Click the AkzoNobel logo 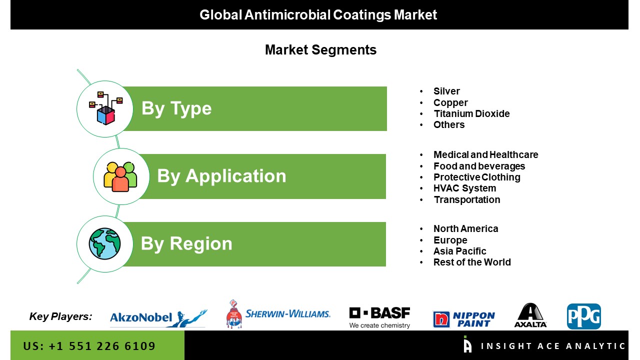coord(158,317)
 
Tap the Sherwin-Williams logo coord(278,314)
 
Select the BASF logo coord(379,317)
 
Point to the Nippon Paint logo coord(463,319)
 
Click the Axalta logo coord(530,315)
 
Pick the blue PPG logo coord(583,316)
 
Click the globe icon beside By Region coord(104,243)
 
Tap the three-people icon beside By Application coord(120,176)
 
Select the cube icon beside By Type coord(105,108)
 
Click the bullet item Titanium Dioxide coord(471,113)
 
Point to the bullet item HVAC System coord(464,188)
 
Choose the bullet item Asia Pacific coord(459,251)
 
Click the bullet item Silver coord(446,91)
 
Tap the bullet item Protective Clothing coord(477,177)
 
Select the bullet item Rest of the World coord(472,262)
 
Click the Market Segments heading coord(320,50)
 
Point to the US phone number coord(89,346)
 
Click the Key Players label coord(61,316)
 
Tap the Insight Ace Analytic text coord(553,346)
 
